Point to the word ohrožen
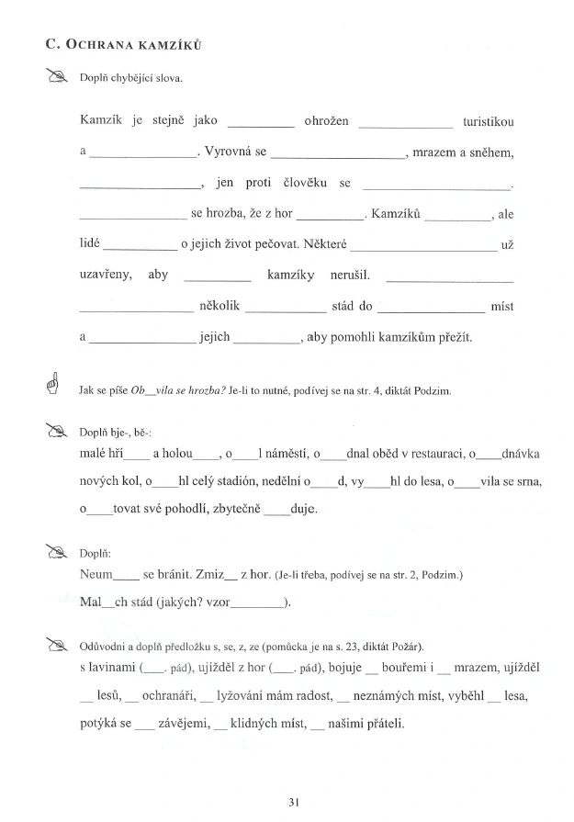click(326, 122)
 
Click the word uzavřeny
click(107, 275)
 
